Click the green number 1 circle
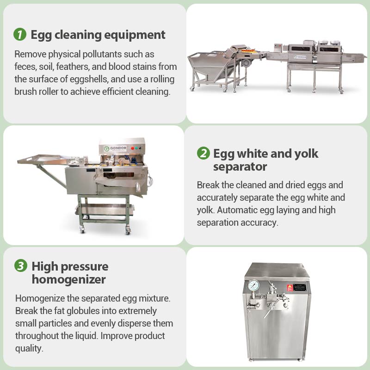point(20,35)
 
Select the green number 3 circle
point(21,266)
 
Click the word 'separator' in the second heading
point(240,166)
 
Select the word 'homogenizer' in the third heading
point(69,279)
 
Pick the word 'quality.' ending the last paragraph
point(29,348)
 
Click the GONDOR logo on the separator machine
point(116,148)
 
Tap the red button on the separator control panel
point(133,148)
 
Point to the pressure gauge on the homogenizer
point(253,286)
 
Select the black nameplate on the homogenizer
point(300,287)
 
